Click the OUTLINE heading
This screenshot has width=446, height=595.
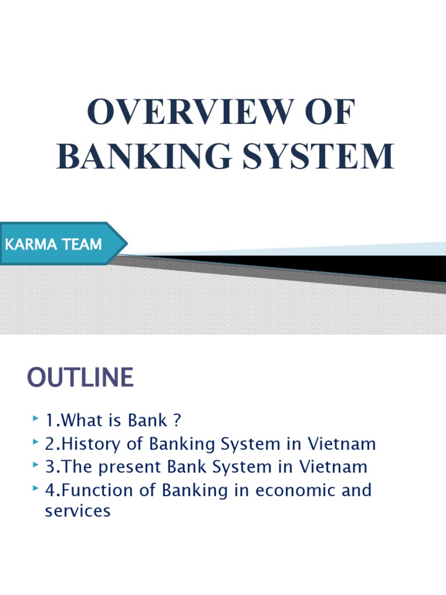tap(80, 378)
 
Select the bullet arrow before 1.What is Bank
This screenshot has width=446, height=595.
tap(36, 418)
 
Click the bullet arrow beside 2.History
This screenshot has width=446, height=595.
tap(36, 443)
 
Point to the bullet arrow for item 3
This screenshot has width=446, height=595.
tap(36, 466)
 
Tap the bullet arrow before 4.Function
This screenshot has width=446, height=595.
tap(36, 489)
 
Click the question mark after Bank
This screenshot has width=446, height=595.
tap(178, 420)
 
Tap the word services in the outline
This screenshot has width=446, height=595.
tap(77, 512)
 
